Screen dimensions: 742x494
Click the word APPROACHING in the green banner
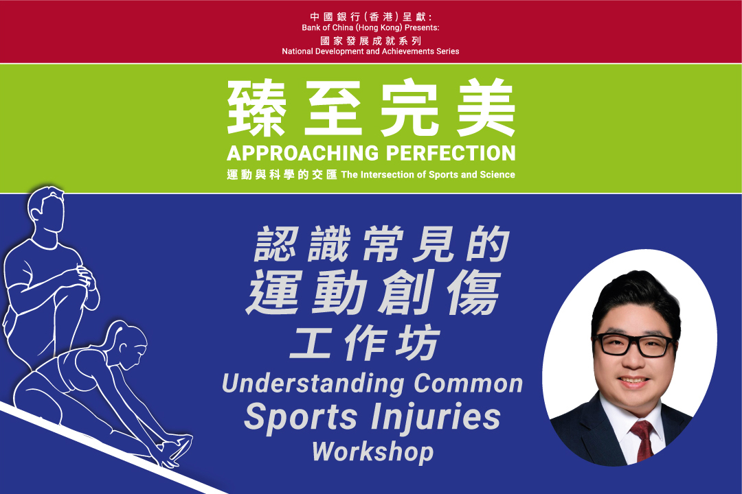pyautogui.click(x=303, y=153)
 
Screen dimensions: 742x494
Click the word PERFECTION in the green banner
pyautogui.click(x=451, y=153)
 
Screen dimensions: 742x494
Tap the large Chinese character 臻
pyautogui.click(x=256, y=107)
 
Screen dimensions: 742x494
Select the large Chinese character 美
pyautogui.click(x=486, y=107)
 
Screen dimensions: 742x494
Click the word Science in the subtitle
pyautogui.click(x=497, y=174)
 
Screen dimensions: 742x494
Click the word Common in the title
pyautogui.click(x=469, y=383)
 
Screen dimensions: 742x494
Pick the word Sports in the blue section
pyautogui.click(x=301, y=417)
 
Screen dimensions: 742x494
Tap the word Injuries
pyautogui.click(x=436, y=417)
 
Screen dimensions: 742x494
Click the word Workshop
pyautogui.click(x=373, y=451)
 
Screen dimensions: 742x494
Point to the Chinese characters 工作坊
pyautogui.click(x=365, y=343)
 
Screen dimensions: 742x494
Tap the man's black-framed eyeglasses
pyautogui.click(x=635, y=344)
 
